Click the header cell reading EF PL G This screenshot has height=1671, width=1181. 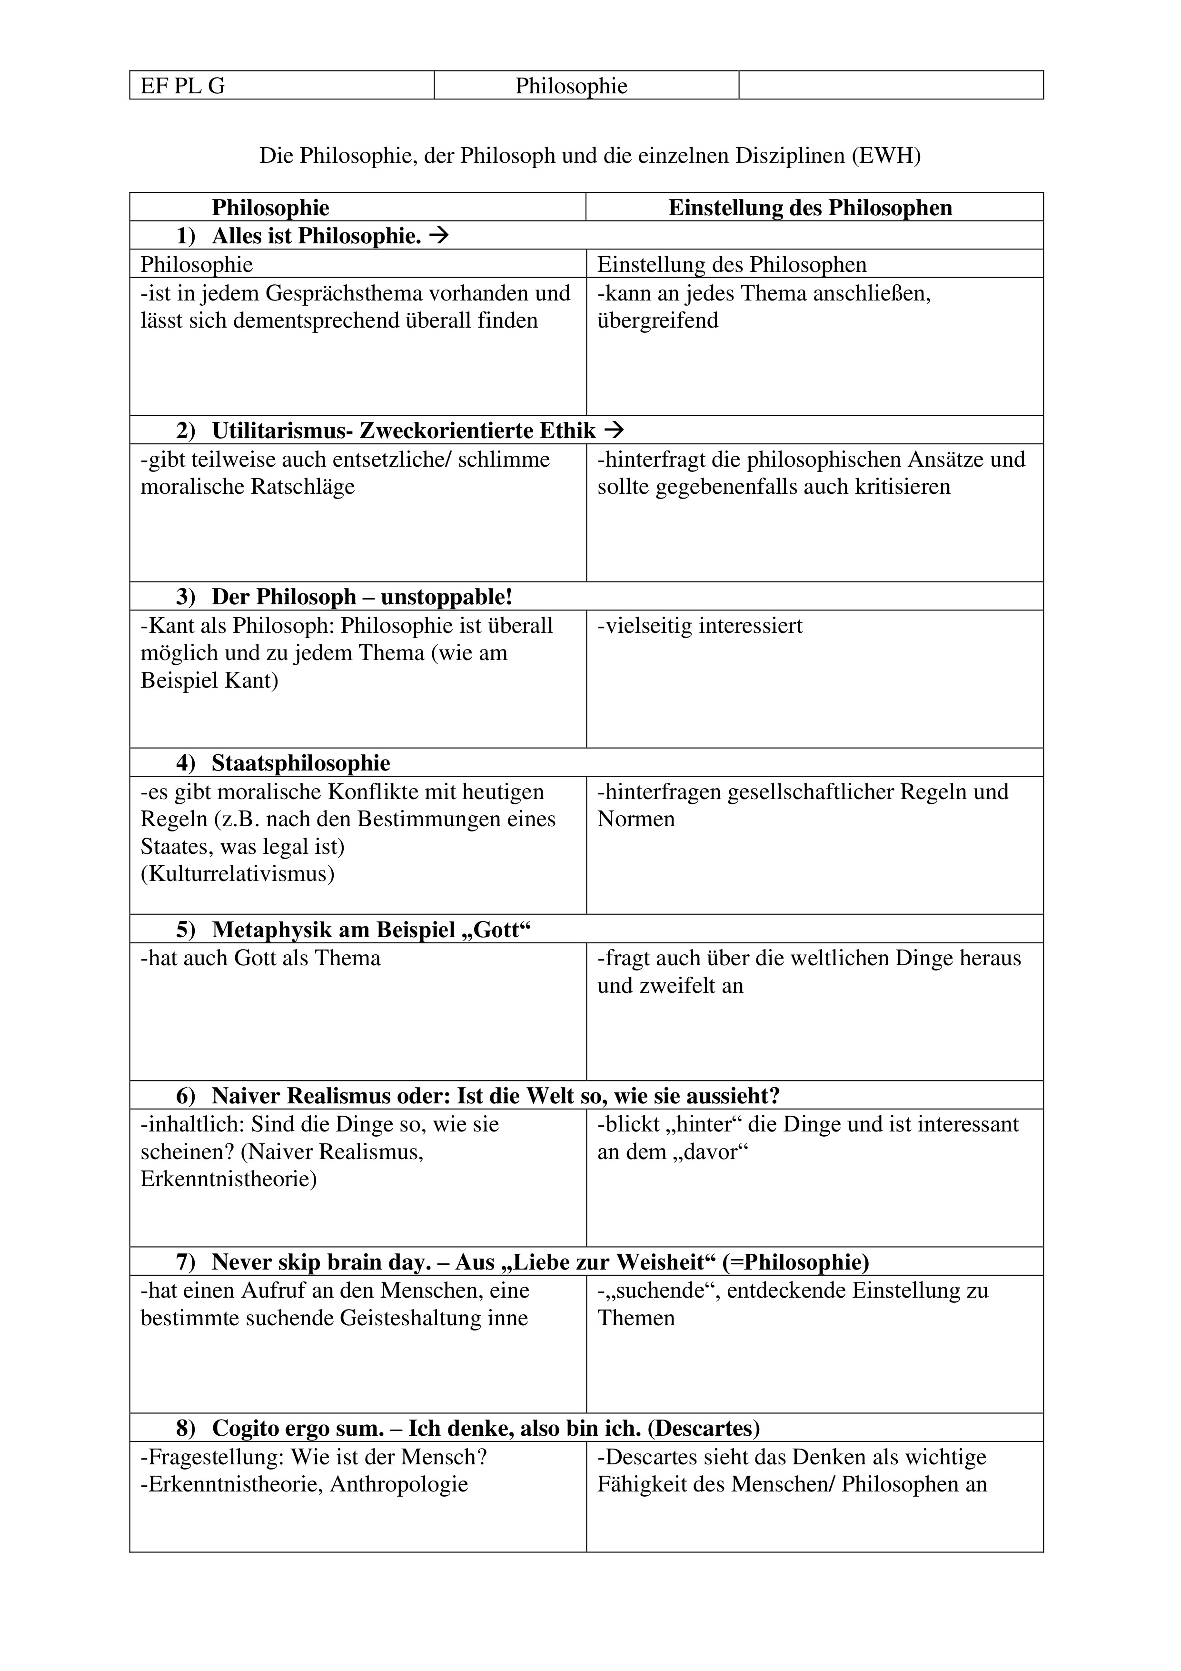pyautogui.click(x=183, y=86)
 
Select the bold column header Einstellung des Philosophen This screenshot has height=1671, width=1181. pyautogui.click(x=810, y=208)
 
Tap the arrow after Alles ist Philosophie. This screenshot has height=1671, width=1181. pyautogui.click(x=439, y=236)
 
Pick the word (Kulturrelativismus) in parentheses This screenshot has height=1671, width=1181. pyautogui.click(x=237, y=873)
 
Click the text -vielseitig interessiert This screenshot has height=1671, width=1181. pyautogui.click(x=700, y=626)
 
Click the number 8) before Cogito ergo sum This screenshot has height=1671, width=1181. pyautogui.click(x=186, y=1429)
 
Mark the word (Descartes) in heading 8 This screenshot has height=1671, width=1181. pyautogui.click(x=703, y=1429)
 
